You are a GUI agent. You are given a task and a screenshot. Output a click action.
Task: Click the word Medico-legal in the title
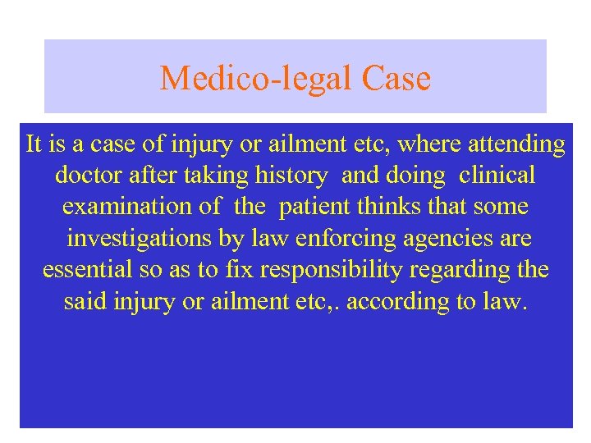pos(256,79)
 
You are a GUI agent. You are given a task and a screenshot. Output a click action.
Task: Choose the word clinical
pos(497,176)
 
